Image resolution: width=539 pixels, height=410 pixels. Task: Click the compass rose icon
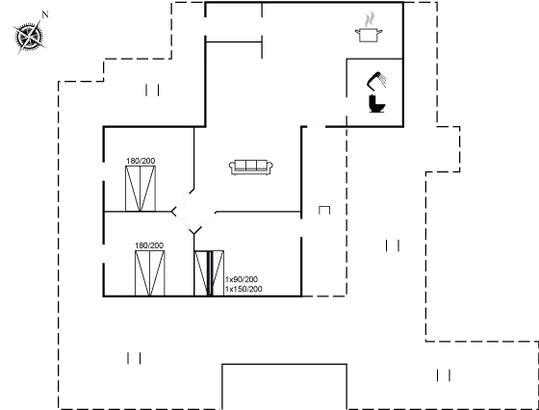(30, 37)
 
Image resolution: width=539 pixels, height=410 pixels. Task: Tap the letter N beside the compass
(45, 14)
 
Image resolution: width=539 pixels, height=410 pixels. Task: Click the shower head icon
(376, 80)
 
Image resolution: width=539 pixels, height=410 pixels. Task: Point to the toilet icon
(376, 103)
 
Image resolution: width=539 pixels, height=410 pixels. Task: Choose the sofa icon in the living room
(251, 167)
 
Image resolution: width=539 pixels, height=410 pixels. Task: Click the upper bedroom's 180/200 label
(141, 161)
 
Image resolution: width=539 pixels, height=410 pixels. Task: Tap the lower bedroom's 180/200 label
(149, 245)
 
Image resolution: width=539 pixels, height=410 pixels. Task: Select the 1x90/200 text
(242, 279)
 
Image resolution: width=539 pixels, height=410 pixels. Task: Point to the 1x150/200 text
(244, 289)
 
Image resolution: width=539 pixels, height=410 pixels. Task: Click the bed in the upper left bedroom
(141, 189)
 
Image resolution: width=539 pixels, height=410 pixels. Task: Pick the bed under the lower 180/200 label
(149, 273)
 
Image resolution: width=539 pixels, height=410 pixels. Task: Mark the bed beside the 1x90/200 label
(209, 273)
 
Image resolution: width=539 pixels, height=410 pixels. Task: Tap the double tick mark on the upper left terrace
(152, 90)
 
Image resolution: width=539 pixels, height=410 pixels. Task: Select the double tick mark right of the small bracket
(393, 245)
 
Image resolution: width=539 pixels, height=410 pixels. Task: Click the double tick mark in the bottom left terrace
(134, 358)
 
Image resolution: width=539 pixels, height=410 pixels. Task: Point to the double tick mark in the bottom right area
(444, 375)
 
